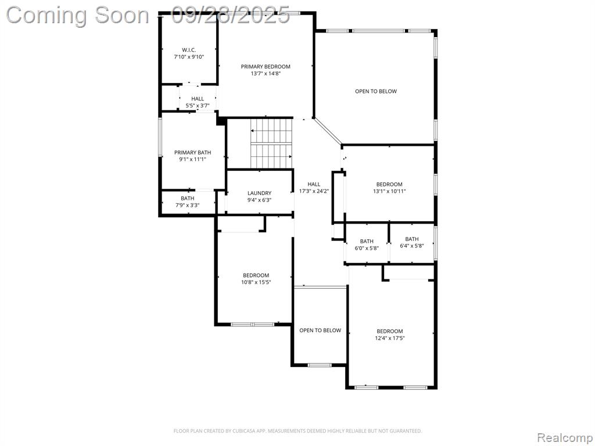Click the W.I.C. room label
[189, 50]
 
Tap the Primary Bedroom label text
[266, 67]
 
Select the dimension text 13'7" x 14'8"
[266, 74]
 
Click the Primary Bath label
[193, 153]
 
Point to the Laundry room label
[260, 193]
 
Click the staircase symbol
[271, 143]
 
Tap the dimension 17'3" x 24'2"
[314, 191]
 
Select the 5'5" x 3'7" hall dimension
[198, 106]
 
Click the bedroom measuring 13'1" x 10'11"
[389, 184]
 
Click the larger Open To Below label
[376, 91]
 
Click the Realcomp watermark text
[564, 437]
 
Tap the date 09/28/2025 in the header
[231, 15]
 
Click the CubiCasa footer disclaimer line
[297, 431]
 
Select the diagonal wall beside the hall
[328, 131]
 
